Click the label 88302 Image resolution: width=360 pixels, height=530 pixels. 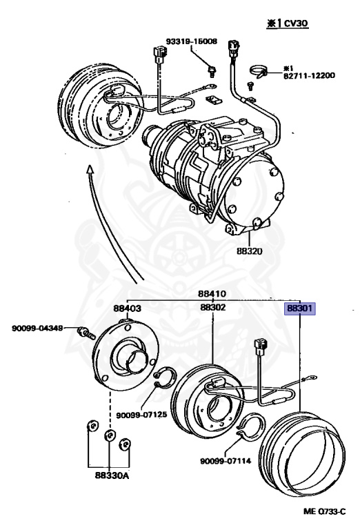point(212,308)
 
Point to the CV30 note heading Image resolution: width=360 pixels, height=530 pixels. point(283,23)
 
